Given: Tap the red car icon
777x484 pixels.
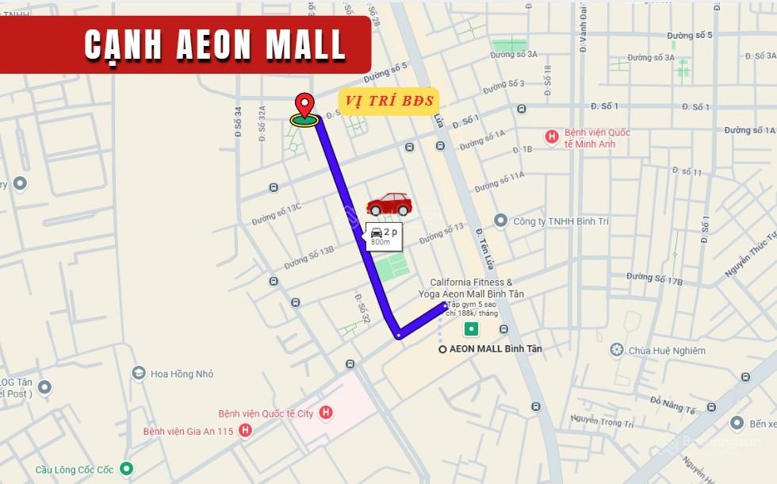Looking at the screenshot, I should [x=389, y=205].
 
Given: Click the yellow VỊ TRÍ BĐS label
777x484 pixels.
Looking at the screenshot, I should [x=388, y=101].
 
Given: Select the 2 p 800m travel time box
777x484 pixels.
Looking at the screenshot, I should [x=383, y=236].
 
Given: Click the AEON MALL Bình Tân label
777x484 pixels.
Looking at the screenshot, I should [x=496, y=349].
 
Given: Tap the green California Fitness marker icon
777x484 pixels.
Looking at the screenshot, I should [x=472, y=328].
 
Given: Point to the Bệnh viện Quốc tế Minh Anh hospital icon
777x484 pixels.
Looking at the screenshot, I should [x=552, y=137].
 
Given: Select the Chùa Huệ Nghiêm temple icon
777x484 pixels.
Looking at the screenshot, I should [x=617, y=350].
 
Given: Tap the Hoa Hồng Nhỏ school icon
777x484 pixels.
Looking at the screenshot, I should [x=139, y=373].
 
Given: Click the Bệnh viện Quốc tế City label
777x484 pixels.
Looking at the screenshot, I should [x=266, y=413].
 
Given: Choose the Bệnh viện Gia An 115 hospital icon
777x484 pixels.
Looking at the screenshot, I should [x=246, y=431].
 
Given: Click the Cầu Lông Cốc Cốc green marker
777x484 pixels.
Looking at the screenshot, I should [x=126, y=469].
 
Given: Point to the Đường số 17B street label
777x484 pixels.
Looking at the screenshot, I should [x=654, y=277].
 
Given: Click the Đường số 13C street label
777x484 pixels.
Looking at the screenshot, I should [x=277, y=213].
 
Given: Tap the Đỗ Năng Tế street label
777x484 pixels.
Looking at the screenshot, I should [x=672, y=405].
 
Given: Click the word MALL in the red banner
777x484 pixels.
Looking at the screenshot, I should [x=306, y=45].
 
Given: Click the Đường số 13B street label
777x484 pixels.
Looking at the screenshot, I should [x=309, y=256].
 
